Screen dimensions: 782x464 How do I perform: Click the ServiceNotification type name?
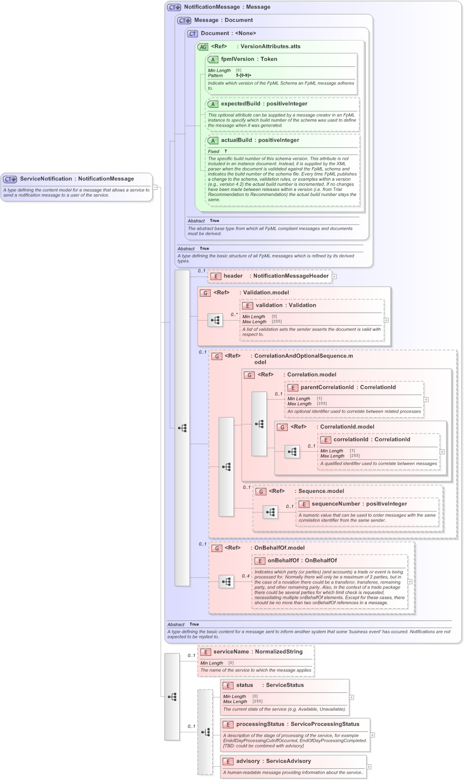(x=46, y=179)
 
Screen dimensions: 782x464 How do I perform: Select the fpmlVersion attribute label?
(x=237, y=59)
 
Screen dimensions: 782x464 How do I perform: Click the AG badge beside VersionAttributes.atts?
(x=203, y=47)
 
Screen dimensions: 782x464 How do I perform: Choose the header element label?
(x=233, y=276)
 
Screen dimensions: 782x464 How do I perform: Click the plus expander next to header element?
(x=334, y=277)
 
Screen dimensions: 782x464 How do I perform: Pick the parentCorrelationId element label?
(x=327, y=387)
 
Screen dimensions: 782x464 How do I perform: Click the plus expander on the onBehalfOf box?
(x=410, y=581)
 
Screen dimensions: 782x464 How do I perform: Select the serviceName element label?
(x=231, y=652)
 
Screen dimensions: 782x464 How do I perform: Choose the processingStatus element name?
(x=261, y=724)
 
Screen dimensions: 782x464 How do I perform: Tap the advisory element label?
(x=248, y=761)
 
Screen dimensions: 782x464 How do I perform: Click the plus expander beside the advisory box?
(x=369, y=767)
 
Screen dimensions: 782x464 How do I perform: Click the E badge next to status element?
(x=228, y=685)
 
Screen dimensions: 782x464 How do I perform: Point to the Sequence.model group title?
(x=321, y=491)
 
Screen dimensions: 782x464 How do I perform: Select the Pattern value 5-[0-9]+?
(x=244, y=75)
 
